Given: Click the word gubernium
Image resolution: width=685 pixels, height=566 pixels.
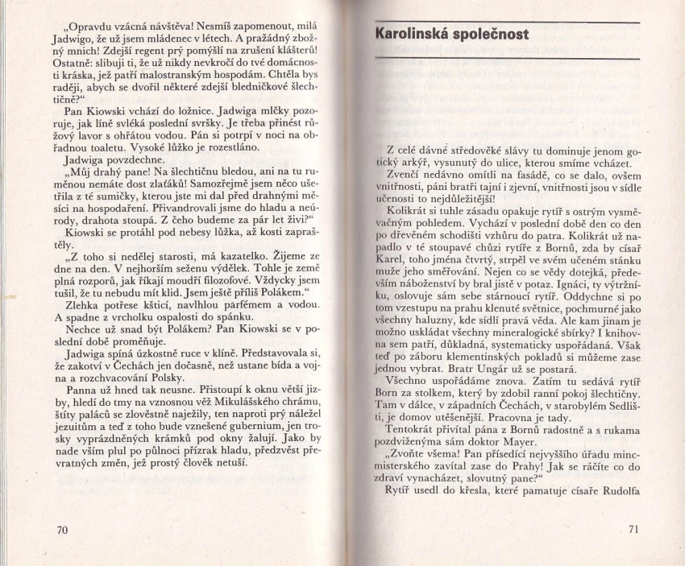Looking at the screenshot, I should pyautogui.click(x=247, y=423).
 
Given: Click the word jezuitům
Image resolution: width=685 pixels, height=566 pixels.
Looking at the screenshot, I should pyautogui.click(x=75, y=424).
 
